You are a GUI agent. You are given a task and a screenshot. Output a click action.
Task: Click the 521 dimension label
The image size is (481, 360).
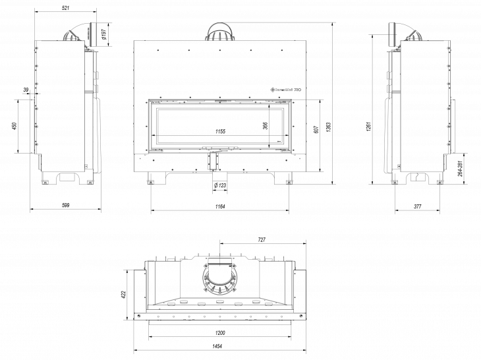(66, 9)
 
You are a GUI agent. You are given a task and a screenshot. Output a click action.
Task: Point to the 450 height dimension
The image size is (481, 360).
(14, 126)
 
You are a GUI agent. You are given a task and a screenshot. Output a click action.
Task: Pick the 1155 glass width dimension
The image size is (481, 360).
(220, 132)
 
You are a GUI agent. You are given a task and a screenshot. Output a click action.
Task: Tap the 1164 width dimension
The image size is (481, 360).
(220, 206)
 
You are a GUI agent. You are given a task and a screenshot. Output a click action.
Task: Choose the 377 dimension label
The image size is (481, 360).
(418, 206)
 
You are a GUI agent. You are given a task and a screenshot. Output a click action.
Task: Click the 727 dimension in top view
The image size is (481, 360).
(262, 240)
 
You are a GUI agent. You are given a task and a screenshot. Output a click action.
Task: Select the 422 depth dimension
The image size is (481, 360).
(123, 294)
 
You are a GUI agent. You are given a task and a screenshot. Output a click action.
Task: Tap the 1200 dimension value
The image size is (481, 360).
(220, 332)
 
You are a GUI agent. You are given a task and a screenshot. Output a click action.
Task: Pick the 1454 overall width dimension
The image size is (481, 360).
(220, 346)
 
